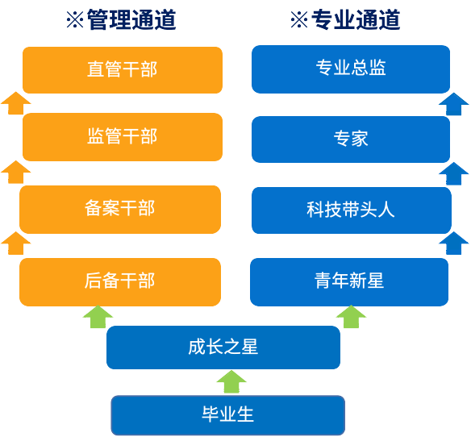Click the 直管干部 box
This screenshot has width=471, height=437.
pyautogui.click(x=122, y=70)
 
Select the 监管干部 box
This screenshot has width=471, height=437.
pyautogui.click(x=122, y=137)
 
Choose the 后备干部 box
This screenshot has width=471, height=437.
pyautogui.click(x=119, y=281)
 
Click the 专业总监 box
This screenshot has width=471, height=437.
pyautogui.click(x=351, y=69)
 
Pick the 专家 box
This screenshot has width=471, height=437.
pyautogui.click(x=351, y=139)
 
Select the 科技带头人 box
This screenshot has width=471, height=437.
pyautogui.click(x=351, y=210)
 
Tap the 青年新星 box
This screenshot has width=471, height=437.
pyautogui.click(x=349, y=281)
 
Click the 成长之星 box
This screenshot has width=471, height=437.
pyautogui.click(x=223, y=348)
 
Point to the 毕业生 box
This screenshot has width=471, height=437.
pyautogui.click(x=227, y=415)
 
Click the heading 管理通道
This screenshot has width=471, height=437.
pyautogui.click(x=121, y=20)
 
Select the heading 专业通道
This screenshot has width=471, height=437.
pyautogui.click(x=345, y=20)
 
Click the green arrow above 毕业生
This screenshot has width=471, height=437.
pyautogui.click(x=231, y=381)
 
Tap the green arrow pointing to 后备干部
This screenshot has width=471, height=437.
pyautogui.click(x=98, y=316)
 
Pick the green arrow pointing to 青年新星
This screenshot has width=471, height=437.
pyautogui.click(x=351, y=316)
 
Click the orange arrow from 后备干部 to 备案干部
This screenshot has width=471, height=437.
pyautogui.click(x=16, y=243)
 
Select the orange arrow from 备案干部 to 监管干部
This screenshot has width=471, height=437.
pyautogui.click(x=16, y=172)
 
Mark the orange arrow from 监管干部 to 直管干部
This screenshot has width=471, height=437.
pyautogui.click(x=16, y=103)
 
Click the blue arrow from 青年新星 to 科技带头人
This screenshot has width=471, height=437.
pyautogui.click(x=454, y=243)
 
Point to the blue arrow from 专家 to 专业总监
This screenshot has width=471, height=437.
pyautogui.click(x=454, y=104)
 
